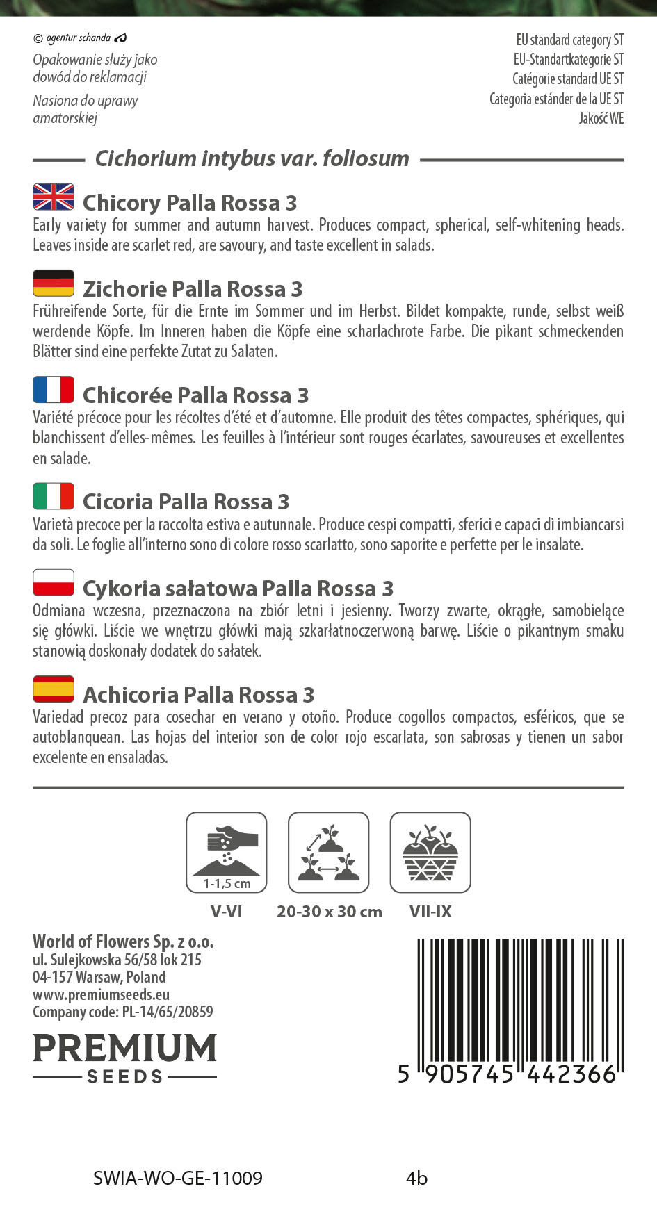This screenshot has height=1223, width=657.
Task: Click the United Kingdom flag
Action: coord(54,197)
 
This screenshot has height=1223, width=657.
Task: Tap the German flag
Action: coord(54,283)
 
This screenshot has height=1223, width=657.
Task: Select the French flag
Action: coord(54,390)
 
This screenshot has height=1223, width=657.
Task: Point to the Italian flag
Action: coord(54,496)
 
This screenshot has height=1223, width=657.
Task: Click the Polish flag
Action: coord(54,582)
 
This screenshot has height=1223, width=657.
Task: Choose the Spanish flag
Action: coord(54,689)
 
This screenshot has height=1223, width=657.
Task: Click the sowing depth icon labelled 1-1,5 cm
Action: coord(227,852)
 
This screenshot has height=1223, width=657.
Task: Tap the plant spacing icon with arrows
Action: coord(328,852)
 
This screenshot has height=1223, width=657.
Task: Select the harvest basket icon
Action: coord(430,852)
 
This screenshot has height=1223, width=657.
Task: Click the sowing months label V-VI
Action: coord(227,912)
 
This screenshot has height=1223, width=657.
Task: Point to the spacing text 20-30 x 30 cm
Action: coord(329,912)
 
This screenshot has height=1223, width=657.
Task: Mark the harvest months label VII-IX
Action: coord(430,912)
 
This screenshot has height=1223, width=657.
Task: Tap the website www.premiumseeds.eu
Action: coord(102,995)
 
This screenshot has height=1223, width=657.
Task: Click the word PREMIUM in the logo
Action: coord(125,1048)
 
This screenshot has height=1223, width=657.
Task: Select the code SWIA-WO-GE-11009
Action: coord(178,1179)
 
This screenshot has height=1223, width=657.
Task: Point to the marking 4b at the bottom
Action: coord(416,1179)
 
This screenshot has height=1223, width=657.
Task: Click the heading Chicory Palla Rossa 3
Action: coord(190,203)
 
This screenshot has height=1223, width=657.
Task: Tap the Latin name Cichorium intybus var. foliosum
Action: coord(252,158)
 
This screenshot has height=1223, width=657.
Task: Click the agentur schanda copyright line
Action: coord(80,38)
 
